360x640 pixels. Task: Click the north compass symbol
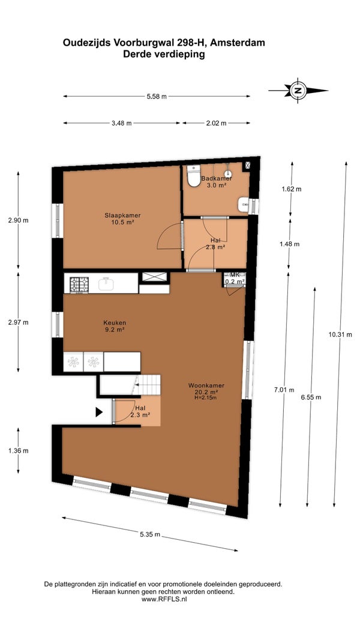298,90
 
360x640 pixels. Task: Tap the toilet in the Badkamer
193,176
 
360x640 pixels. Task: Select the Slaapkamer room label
119,215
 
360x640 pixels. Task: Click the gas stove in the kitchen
79,285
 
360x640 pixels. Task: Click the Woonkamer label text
206,385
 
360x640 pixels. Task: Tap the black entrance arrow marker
99,412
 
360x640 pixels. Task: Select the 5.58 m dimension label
157,96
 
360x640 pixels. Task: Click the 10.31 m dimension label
340,334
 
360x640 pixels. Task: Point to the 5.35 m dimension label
150,535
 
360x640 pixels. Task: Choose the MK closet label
235,275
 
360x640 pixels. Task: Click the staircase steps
148,384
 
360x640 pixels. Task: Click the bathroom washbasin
244,205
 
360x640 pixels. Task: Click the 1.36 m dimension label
19,451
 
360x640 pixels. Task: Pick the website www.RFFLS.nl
163,599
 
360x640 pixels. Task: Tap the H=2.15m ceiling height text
206,397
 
